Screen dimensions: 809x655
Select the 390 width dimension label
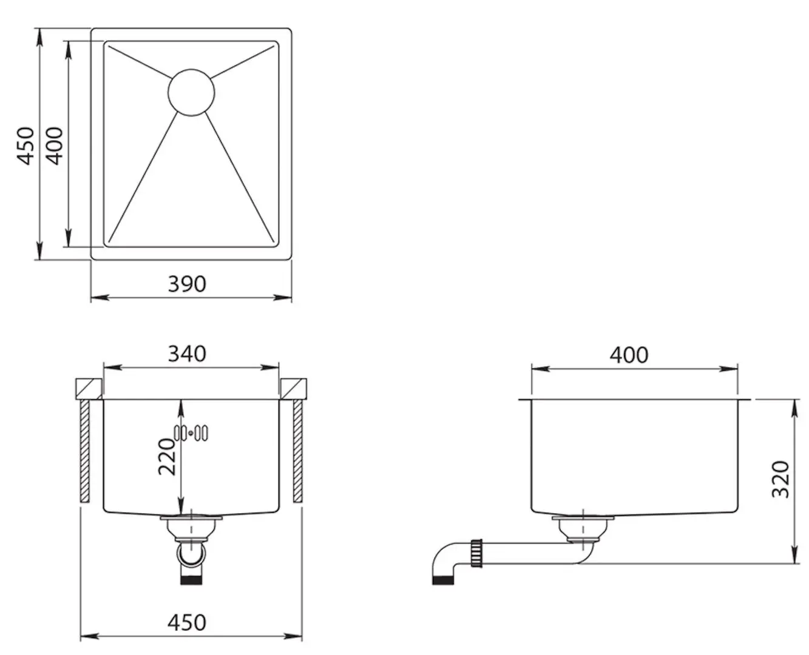pos(187,284)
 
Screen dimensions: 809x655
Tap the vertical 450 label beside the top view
pos(26,146)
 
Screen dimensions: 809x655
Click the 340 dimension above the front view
pos(187,354)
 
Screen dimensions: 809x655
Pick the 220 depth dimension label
pos(166,457)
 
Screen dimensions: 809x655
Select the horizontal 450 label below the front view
pos(187,622)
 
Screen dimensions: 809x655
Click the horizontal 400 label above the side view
pos(629,355)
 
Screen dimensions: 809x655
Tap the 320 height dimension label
pos(781,479)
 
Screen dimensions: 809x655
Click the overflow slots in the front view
pos(191,433)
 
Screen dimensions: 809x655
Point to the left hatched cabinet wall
pos(84,451)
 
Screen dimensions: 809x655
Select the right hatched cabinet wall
pos(298,451)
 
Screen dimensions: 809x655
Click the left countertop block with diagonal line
pos(89,389)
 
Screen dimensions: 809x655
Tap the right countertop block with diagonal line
pos(294,389)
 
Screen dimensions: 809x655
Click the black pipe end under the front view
pos(191,580)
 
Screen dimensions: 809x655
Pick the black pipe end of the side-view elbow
pos(443,580)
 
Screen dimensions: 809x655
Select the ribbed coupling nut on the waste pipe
pos(476,553)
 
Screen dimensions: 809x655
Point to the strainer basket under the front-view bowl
pos(191,528)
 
